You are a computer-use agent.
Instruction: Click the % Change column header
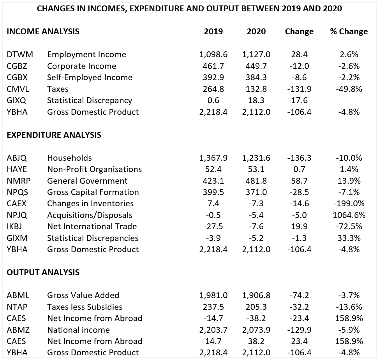click(349, 32)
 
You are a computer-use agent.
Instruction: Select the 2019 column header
click(213, 32)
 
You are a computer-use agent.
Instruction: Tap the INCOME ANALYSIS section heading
click(43, 32)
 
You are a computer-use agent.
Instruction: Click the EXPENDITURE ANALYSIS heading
click(54, 135)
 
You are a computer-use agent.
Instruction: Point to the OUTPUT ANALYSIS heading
click(43, 272)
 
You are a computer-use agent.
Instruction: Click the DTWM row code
click(20, 54)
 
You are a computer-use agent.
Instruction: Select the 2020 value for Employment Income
click(256, 54)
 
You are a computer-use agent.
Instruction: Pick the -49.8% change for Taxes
click(349, 89)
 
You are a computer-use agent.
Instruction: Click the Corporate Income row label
click(82, 66)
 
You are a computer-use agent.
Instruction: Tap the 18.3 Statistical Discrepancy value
click(256, 100)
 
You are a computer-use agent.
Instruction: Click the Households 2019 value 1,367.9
click(213, 158)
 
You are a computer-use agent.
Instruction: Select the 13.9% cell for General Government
click(349, 181)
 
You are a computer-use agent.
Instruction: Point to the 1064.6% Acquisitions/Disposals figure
click(349, 215)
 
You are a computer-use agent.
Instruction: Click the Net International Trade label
click(92, 227)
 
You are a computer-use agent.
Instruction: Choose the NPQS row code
click(18, 192)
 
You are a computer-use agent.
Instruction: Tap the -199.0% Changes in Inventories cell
click(349, 204)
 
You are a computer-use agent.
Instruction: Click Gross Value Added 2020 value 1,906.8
click(256, 295)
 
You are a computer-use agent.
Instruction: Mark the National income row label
click(79, 330)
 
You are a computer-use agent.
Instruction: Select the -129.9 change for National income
click(299, 330)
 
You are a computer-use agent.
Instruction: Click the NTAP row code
click(17, 307)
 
